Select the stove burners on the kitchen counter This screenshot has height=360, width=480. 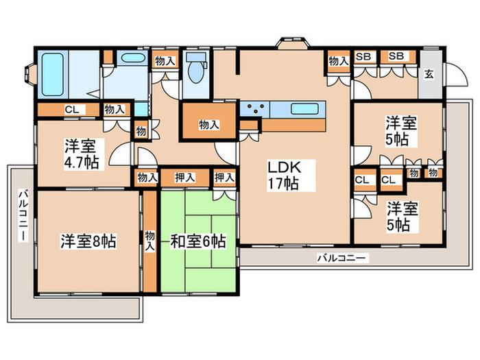(x=256, y=108)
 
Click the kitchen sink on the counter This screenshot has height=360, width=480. (x=302, y=108)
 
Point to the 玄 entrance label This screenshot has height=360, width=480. (x=428, y=74)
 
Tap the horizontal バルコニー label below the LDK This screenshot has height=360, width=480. (x=342, y=258)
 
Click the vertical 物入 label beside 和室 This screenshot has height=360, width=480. (x=149, y=241)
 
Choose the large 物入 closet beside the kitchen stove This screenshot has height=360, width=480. (x=209, y=124)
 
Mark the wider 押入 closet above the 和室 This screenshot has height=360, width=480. (x=184, y=178)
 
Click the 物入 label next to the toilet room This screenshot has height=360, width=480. (x=165, y=61)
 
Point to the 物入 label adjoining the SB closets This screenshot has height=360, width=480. (x=338, y=61)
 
